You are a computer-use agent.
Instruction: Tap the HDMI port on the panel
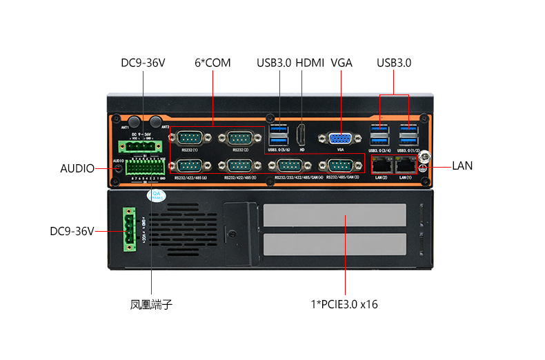click(301, 134)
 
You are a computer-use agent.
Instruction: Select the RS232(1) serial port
click(189, 137)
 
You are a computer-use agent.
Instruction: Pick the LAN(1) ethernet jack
click(405, 164)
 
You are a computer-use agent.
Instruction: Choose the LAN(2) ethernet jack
click(381, 164)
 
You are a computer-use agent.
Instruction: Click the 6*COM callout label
click(212, 63)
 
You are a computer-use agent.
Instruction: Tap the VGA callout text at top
click(341, 63)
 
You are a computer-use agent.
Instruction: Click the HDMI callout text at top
click(310, 63)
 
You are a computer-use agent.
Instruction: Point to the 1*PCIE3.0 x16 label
click(344, 304)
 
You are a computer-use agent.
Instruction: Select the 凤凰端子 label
click(151, 304)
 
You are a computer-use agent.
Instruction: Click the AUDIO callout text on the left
click(77, 168)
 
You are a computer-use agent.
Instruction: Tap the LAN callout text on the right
click(462, 166)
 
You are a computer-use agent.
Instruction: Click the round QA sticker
click(157, 196)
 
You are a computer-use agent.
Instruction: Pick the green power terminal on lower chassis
click(129, 229)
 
